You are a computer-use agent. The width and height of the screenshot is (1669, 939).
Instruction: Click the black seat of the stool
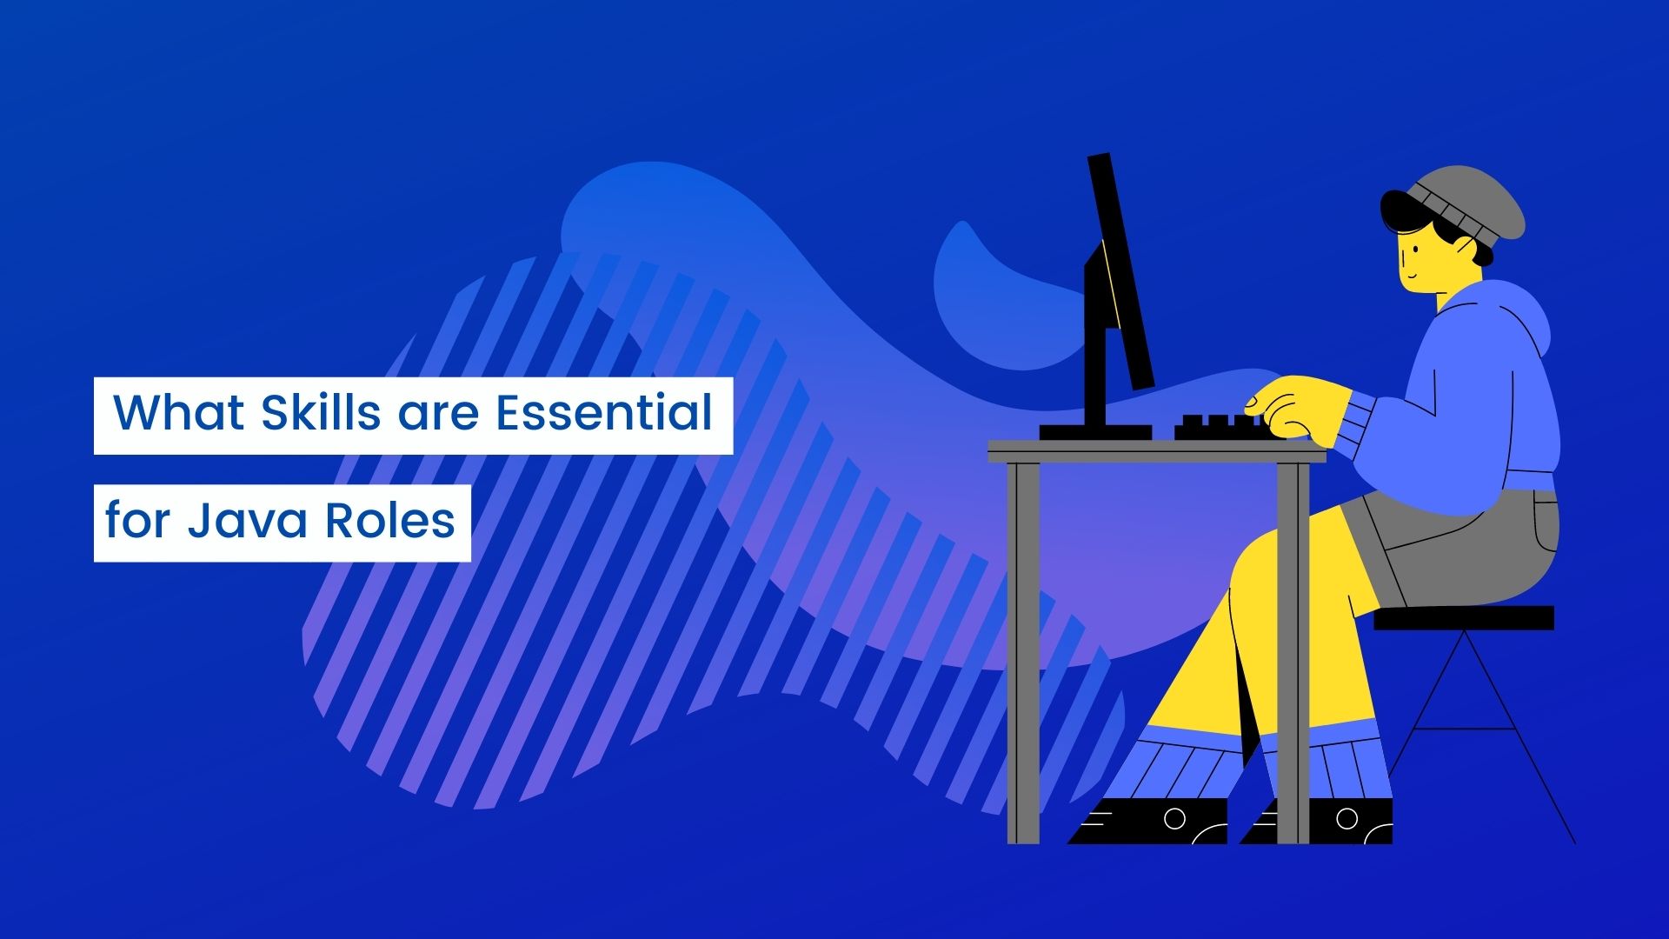(1464, 617)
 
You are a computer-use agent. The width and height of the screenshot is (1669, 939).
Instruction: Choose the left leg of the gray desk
(1023, 652)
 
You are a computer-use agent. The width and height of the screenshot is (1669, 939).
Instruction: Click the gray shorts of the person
(1460, 548)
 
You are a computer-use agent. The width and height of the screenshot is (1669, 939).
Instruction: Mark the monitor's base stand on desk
(1094, 431)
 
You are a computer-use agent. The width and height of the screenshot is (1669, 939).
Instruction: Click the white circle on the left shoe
(1174, 819)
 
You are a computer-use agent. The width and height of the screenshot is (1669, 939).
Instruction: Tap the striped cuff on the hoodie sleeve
(1356, 426)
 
